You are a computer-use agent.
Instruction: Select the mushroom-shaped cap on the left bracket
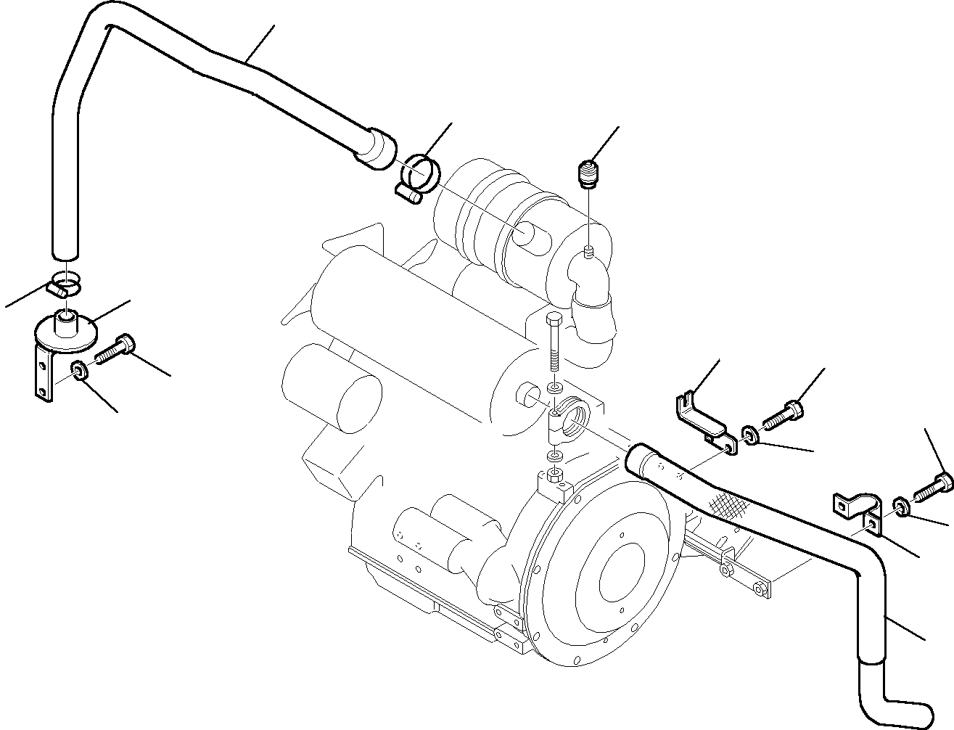pos(67,327)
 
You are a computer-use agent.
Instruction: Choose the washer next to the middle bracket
pos(750,435)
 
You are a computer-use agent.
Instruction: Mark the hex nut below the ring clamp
pos(554,476)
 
